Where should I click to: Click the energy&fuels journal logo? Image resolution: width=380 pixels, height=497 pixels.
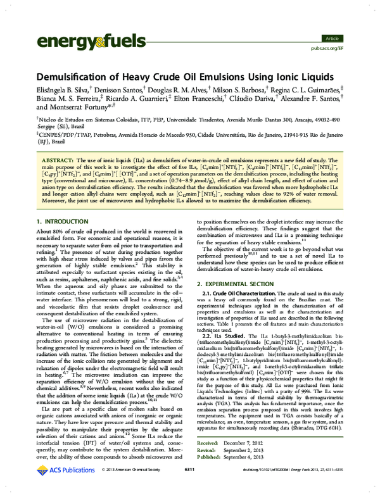[x=83, y=42]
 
